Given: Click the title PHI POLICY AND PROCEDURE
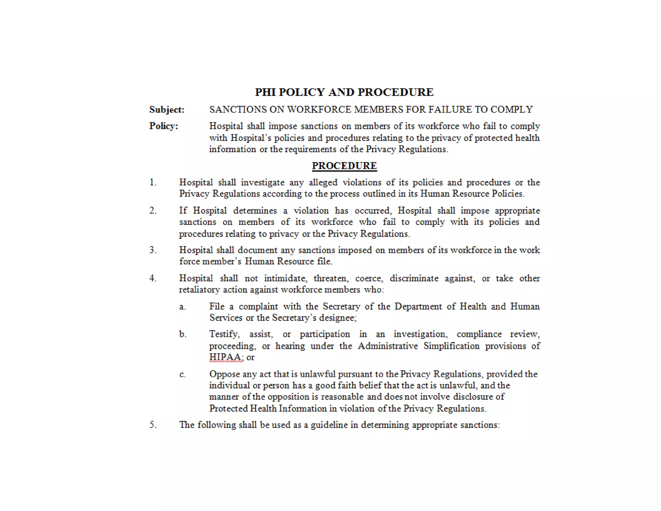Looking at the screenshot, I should point(344,92).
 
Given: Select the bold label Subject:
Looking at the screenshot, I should point(167,110).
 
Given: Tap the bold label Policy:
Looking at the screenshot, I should point(163,126).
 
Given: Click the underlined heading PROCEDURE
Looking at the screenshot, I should point(344,166).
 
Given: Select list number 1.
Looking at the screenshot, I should point(153,182).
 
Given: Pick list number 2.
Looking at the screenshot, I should point(153,211).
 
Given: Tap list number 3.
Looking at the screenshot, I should point(153,250).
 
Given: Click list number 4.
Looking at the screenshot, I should point(153,278).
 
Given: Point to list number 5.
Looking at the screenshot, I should point(153,425).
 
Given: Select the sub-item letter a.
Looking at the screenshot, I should point(182,307).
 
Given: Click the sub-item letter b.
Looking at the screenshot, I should point(183,334).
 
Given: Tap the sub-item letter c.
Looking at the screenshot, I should point(182,374).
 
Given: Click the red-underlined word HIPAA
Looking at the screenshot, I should point(225,357).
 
